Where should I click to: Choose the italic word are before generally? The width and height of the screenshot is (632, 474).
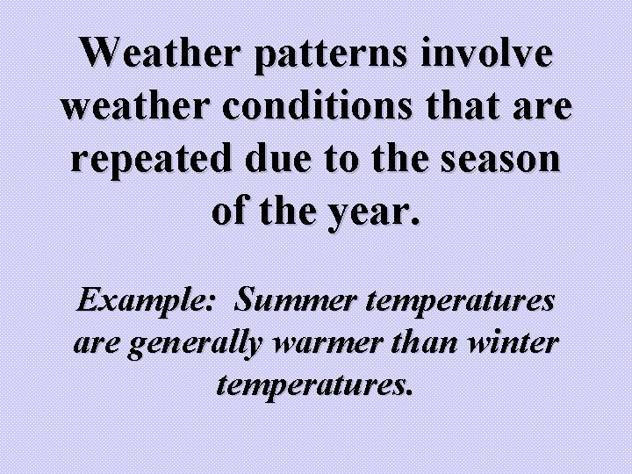click(x=98, y=343)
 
